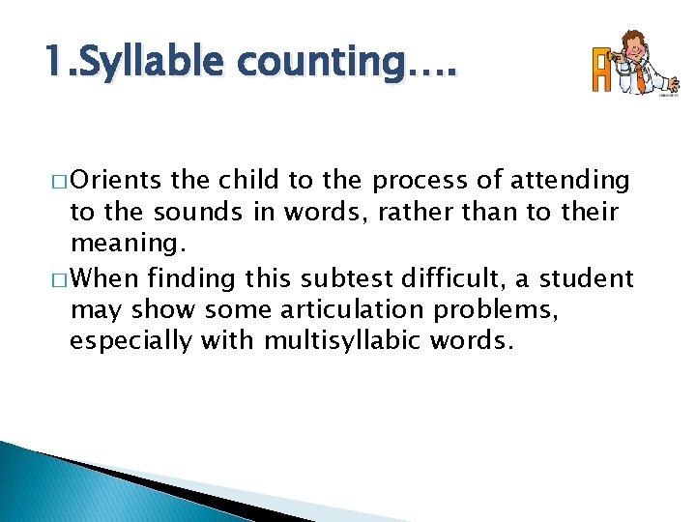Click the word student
[586, 280]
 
